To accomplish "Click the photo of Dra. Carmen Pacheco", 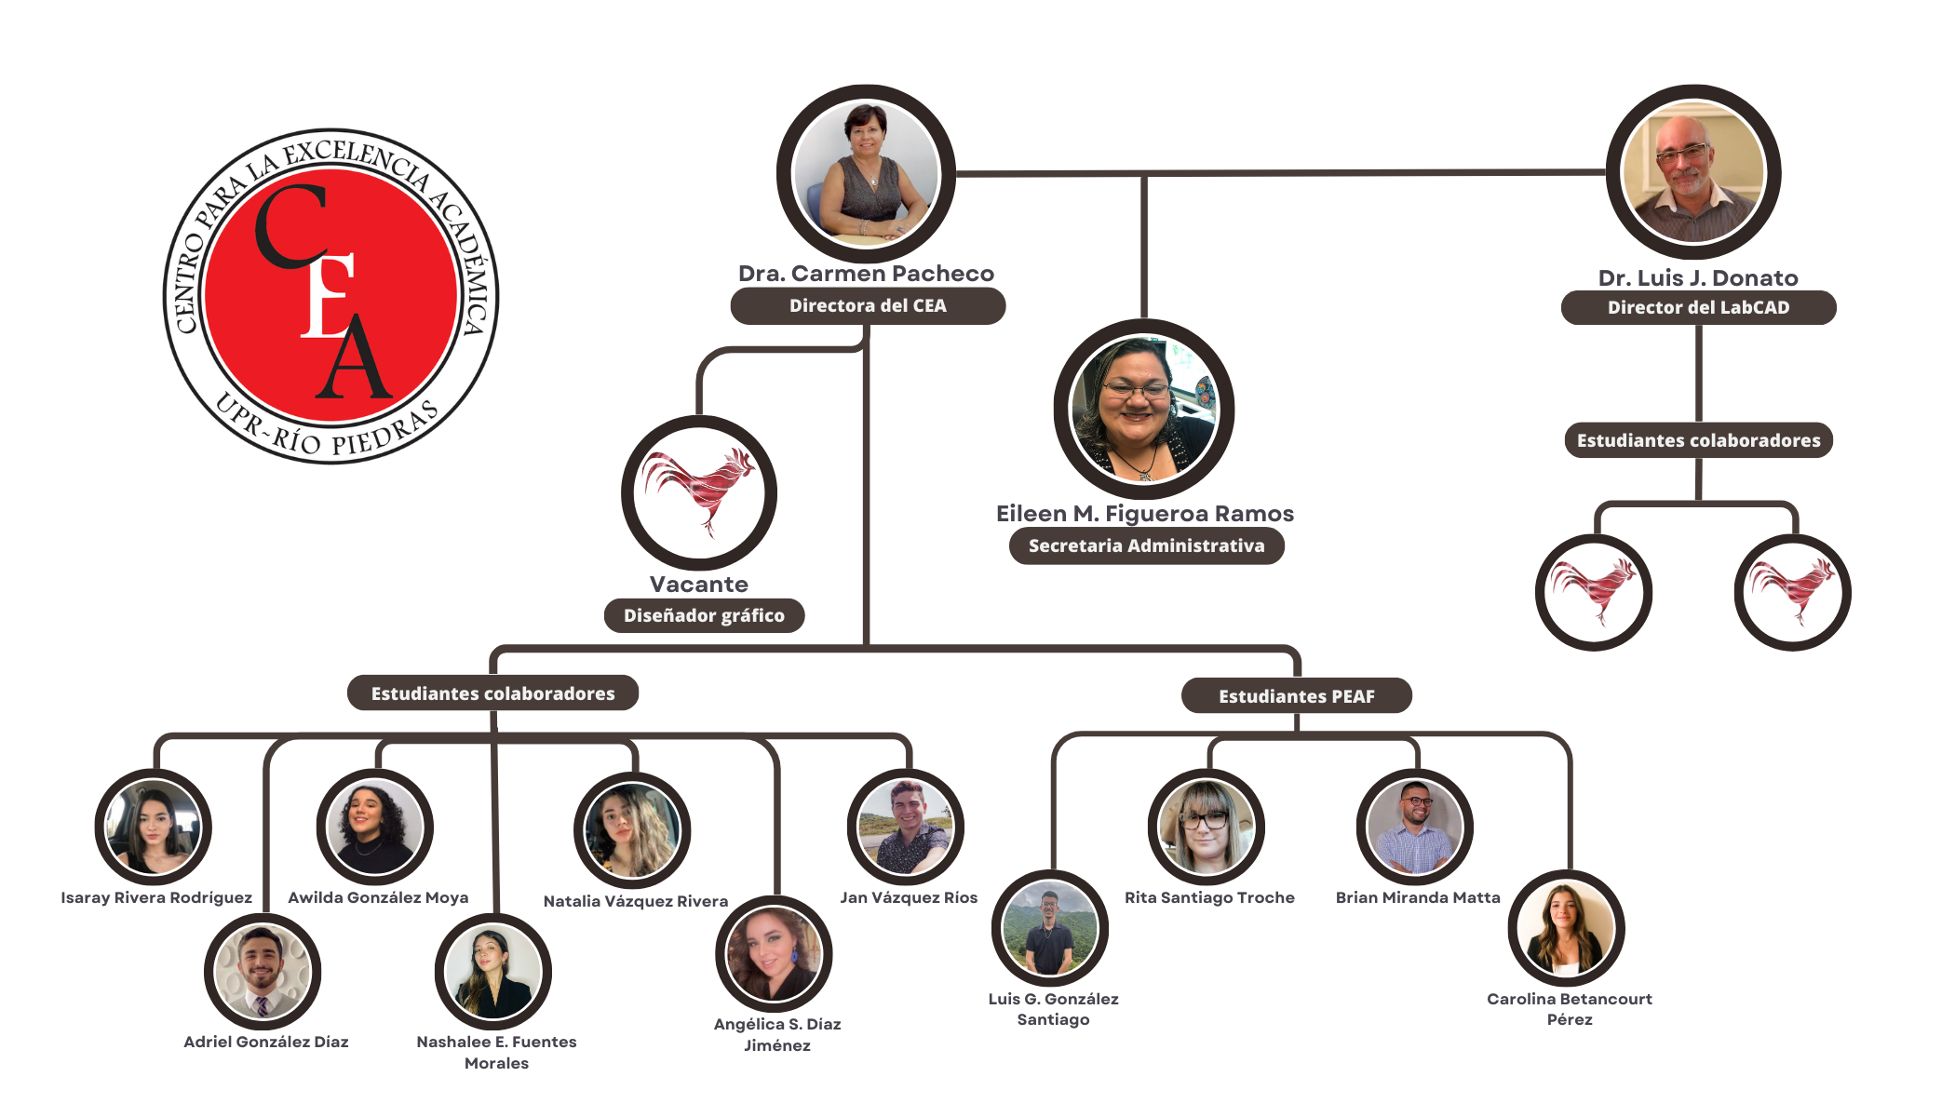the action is pyautogui.click(x=866, y=174).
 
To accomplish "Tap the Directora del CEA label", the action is pyautogui.click(x=868, y=305).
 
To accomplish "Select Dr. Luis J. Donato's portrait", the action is pyautogui.click(x=1693, y=173).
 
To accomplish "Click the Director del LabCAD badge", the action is pyautogui.click(x=1698, y=307).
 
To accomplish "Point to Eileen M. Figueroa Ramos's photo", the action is pyautogui.click(x=1144, y=410).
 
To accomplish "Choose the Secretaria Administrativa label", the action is pyautogui.click(x=1146, y=545).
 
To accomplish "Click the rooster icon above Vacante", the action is pyautogui.click(x=699, y=493).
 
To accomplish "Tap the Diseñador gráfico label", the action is pyautogui.click(x=704, y=615).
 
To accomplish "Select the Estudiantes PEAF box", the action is pyautogui.click(x=1296, y=695).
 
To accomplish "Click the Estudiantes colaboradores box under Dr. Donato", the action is pyautogui.click(x=1698, y=440).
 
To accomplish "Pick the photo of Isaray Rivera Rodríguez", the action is pyautogui.click(x=154, y=828).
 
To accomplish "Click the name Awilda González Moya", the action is pyautogui.click(x=378, y=897).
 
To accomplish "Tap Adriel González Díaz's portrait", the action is pyautogui.click(x=263, y=972).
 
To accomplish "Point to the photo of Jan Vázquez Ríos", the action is pyautogui.click(x=906, y=828).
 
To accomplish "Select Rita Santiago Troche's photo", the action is pyautogui.click(x=1207, y=828).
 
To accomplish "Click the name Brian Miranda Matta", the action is pyautogui.click(x=1418, y=897).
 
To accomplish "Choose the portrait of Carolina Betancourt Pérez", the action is pyautogui.click(x=1567, y=929).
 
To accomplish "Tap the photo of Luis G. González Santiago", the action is pyautogui.click(x=1050, y=929).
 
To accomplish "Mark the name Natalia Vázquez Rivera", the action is pyautogui.click(x=636, y=901).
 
